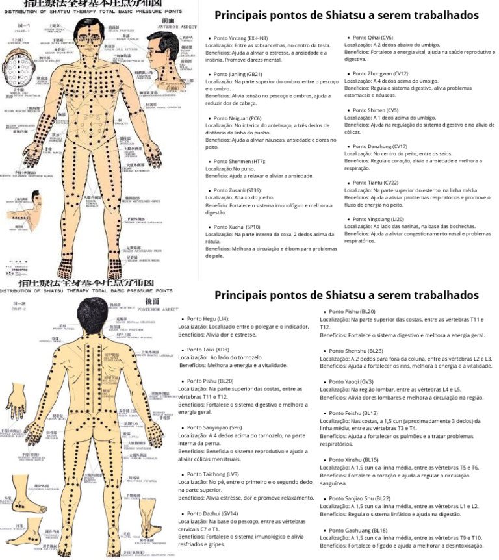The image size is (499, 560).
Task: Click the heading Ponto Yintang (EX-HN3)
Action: point(240,39)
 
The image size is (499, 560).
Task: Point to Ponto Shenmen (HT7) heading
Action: point(238,161)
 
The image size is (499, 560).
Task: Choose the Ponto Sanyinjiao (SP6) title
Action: point(214,427)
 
